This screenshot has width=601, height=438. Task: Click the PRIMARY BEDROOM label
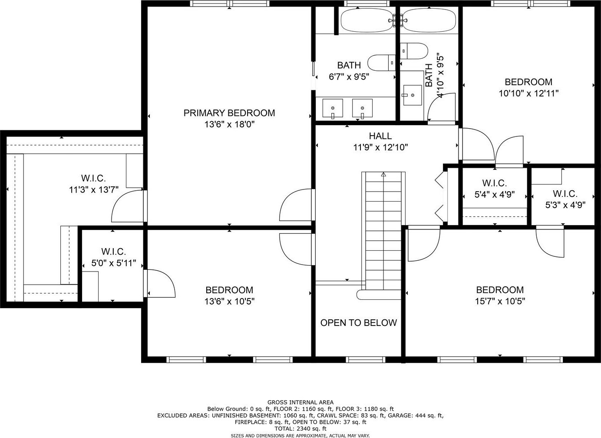point(229,113)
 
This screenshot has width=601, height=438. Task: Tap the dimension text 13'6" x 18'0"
point(229,124)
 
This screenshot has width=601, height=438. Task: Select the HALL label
point(380,136)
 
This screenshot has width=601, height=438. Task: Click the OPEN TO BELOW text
point(358,322)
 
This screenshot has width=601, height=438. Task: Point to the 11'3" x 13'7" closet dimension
point(94,190)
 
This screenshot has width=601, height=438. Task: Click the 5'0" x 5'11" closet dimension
point(114,263)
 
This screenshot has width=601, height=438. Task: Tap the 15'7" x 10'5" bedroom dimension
point(500,301)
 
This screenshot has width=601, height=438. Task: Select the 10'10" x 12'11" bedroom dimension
point(528,93)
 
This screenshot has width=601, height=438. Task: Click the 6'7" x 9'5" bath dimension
point(349,77)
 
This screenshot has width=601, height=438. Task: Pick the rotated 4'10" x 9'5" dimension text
point(440,76)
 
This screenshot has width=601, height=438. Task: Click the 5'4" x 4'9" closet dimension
point(495,194)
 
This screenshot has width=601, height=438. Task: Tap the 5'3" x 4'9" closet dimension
point(565,205)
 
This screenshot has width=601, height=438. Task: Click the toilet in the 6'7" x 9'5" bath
point(381,63)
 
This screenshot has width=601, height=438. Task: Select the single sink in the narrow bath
point(413,95)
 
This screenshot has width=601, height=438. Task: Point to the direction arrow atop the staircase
point(383,175)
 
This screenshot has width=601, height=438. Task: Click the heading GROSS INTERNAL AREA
point(300,402)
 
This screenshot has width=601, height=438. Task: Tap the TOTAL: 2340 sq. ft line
point(300,428)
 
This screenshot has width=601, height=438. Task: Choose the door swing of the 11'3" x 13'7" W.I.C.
point(128,206)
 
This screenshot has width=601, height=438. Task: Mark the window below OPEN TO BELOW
point(366,359)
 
